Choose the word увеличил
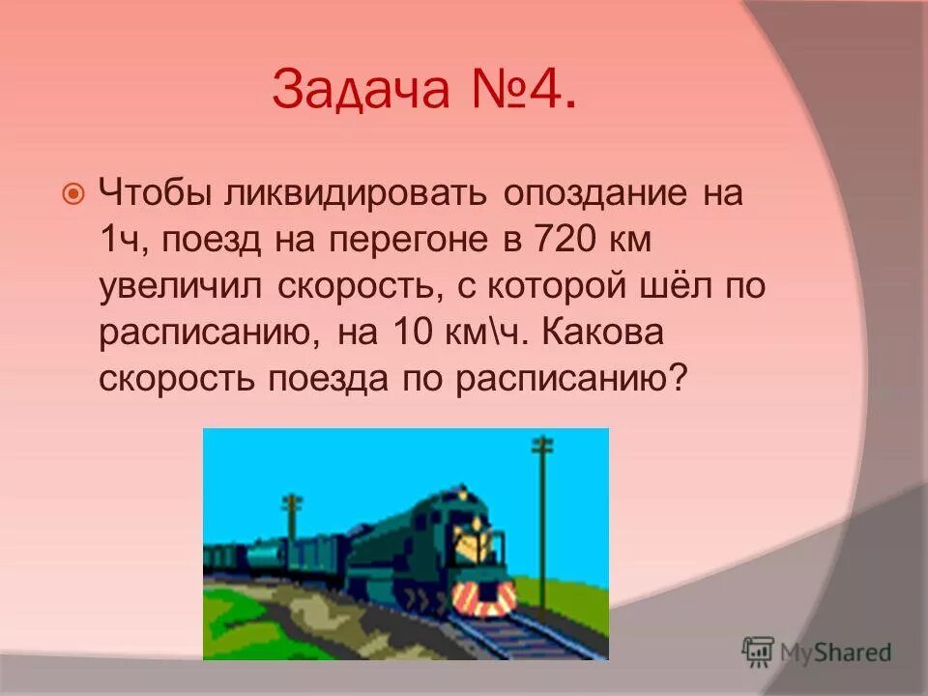click(183, 287)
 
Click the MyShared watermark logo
click(817, 652)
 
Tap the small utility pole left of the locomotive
click(291, 527)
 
